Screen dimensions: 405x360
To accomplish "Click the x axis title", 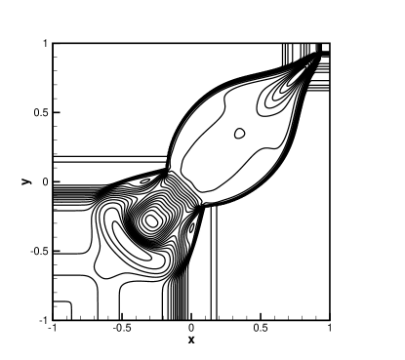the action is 191,340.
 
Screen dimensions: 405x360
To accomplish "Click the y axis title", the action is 26,181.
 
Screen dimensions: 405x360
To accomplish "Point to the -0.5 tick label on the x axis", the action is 122,328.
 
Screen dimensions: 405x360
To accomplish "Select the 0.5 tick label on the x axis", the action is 261,328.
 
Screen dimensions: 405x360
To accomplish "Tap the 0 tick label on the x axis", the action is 191,328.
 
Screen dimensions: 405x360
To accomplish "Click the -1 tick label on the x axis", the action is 52,328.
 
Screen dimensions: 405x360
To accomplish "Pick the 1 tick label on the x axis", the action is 330,328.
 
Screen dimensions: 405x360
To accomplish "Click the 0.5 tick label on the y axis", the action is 41,112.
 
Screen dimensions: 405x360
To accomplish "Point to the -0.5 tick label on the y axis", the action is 39,252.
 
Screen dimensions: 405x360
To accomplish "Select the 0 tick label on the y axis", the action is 45,182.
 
